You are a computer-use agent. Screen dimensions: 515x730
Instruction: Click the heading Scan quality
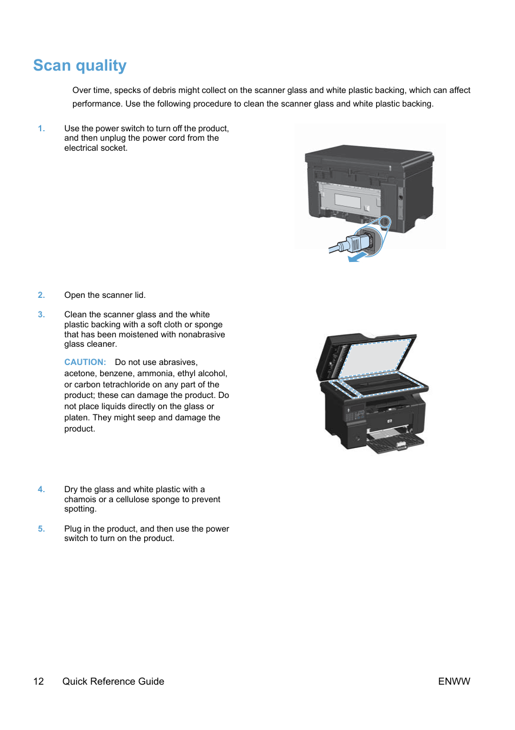pyautogui.click(x=80, y=66)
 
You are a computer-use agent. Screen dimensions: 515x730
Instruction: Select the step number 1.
pyautogui.click(x=41, y=128)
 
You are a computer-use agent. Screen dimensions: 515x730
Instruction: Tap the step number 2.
pyautogui.click(x=41, y=295)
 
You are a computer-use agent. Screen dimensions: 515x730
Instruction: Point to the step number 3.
pyautogui.click(x=41, y=314)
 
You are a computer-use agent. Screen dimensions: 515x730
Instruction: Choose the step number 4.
pyautogui.click(x=41, y=489)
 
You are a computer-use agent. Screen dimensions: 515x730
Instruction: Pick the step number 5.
pyautogui.click(x=41, y=529)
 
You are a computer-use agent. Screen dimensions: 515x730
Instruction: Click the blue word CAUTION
pyautogui.click(x=85, y=362)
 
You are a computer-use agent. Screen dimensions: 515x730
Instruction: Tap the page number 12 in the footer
pyautogui.click(x=38, y=681)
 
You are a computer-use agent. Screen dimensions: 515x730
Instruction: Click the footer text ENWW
pyautogui.click(x=454, y=681)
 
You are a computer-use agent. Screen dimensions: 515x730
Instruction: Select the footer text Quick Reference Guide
pyautogui.click(x=113, y=681)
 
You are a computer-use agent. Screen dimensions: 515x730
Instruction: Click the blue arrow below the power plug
pyautogui.click(x=357, y=257)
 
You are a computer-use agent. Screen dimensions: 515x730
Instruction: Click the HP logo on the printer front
pyautogui.click(x=389, y=422)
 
